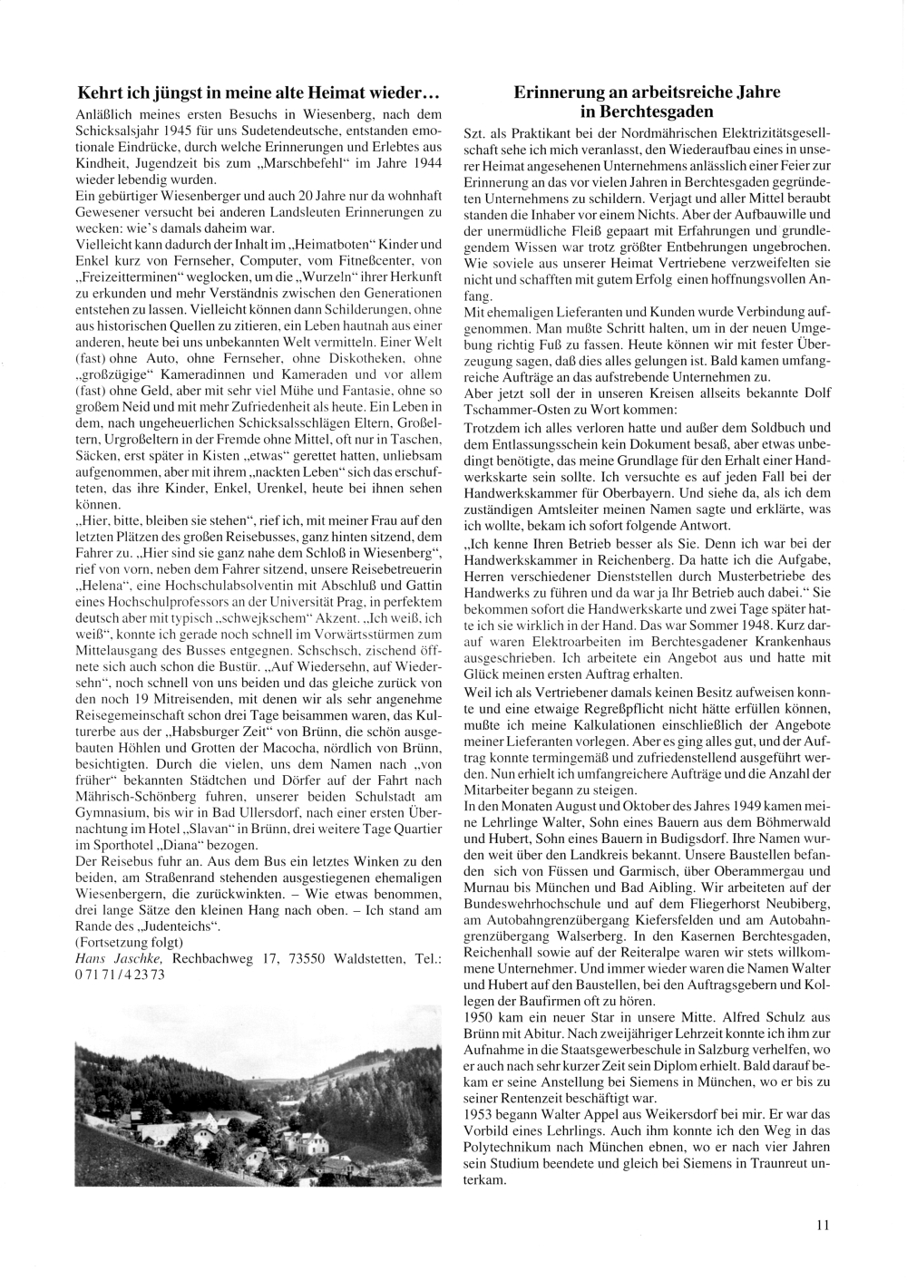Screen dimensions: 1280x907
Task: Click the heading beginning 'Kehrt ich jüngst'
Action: pos(259,92)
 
